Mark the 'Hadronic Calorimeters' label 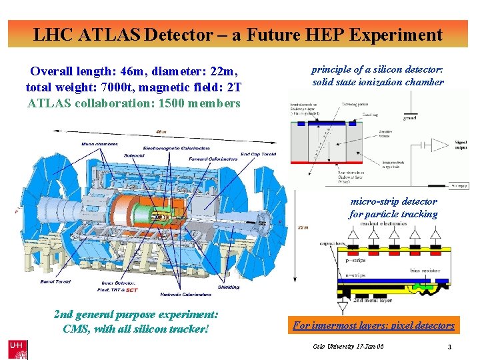pyautogui.click(x=186, y=293)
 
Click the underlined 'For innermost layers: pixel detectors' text pyautogui.click(x=373, y=325)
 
